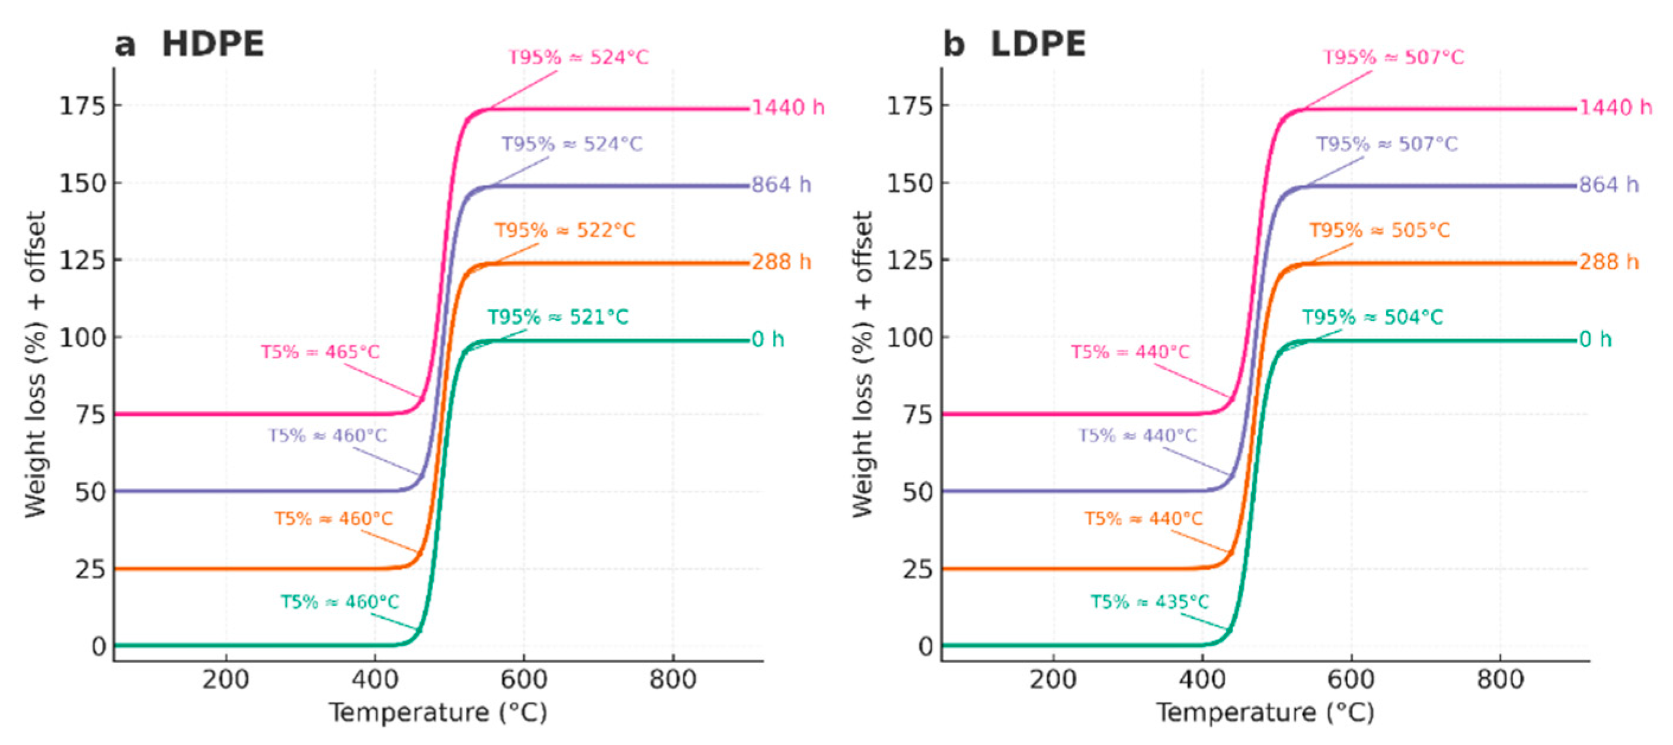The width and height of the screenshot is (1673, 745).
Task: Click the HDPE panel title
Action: [212, 44]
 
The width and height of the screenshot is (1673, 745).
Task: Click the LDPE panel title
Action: [1037, 44]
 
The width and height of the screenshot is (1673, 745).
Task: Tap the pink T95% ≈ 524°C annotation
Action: [577, 57]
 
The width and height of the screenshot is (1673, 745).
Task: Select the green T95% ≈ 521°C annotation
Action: [557, 317]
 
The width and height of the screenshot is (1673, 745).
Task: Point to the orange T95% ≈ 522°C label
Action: [564, 231]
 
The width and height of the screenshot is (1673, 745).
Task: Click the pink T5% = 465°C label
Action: [320, 352]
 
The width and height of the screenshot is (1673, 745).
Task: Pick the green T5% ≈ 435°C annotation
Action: [1149, 602]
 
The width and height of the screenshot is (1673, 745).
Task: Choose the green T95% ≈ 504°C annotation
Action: [1372, 317]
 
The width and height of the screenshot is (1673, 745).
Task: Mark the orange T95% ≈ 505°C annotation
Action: [1379, 231]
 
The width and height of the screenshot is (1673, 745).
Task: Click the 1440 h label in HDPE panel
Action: [788, 107]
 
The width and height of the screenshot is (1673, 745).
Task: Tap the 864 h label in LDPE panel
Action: [1609, 185]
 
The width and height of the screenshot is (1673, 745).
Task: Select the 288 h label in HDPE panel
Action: [781, 263]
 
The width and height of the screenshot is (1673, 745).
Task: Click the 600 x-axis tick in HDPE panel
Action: [523, 680]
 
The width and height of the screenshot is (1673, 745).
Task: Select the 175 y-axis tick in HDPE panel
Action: [82, 105]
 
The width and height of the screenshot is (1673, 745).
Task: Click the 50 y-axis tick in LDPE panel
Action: [917, 492]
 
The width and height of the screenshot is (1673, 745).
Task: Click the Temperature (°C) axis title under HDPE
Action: [438, 712]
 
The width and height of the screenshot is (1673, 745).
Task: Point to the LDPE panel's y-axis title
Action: [862, 364]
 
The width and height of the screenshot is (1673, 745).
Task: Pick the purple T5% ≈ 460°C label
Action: [327, 435]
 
